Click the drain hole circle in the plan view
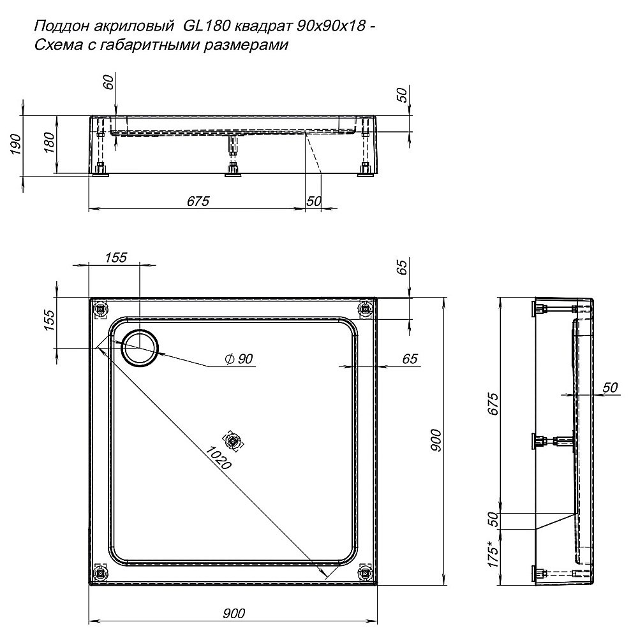[x=138, y=348]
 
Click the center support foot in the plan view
[x=234, y=441]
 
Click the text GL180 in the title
[x=204, y=26]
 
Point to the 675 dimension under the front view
[x=198, y=201]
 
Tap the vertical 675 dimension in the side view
[x=491, y=405]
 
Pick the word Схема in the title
[x=56, y=45]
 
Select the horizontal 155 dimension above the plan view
[x=116, y=257]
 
